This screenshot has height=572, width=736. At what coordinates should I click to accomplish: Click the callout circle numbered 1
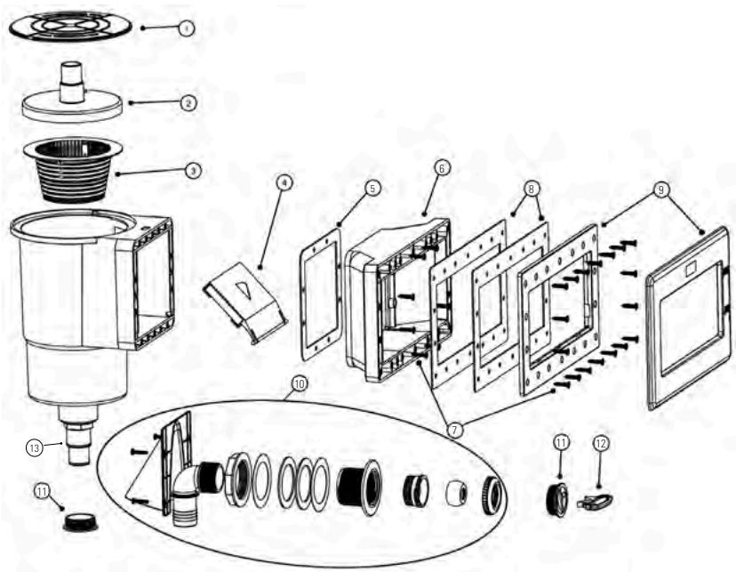pyautogui.click(x=185, y=28)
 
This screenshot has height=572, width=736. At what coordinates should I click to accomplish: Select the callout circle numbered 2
pyautogui.click(x=188, y=102)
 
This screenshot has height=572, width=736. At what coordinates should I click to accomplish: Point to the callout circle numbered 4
pyautogui.click(x=284, y=183)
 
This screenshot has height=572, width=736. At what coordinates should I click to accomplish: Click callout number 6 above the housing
pyautogui.click(x=442, y=166)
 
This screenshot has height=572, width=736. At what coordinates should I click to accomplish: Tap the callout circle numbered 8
pyautogui.click(x=531, y=189)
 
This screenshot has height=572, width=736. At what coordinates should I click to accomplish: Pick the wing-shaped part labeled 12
pyautogui.click(x=594, y=503)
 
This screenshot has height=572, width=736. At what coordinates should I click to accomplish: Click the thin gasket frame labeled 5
pyautogui.click(x=321, y=293)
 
